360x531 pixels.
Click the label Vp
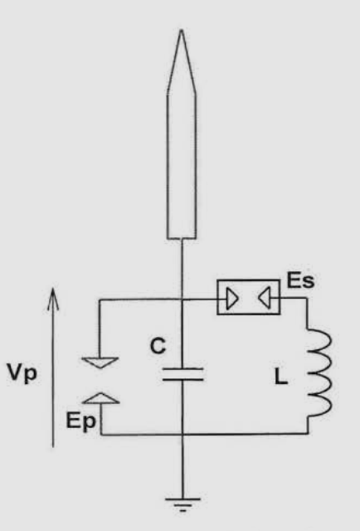(22, 373)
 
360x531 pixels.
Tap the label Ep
(81, 421)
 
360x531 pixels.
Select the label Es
(301, 280)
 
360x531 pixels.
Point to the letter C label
(158, 346)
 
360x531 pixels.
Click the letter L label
(280, 377)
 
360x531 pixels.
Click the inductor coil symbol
(320, 372)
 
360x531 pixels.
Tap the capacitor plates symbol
(182, 374)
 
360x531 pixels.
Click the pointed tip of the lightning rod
(181, 31)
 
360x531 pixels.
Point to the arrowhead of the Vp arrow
(53, 289)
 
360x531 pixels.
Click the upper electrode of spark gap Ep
(100, 363)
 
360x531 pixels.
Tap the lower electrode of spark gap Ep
(101, 398)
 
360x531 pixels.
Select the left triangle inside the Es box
(232, 299)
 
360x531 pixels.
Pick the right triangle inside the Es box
(265, 298)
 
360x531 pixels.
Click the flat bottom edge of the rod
(182, 238)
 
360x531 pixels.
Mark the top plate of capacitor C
(182, 368)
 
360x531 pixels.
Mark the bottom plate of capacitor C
(182, 380)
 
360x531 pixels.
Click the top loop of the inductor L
(321, 339)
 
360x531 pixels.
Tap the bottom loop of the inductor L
(321, 405)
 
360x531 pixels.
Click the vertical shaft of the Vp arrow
(53, 368)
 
